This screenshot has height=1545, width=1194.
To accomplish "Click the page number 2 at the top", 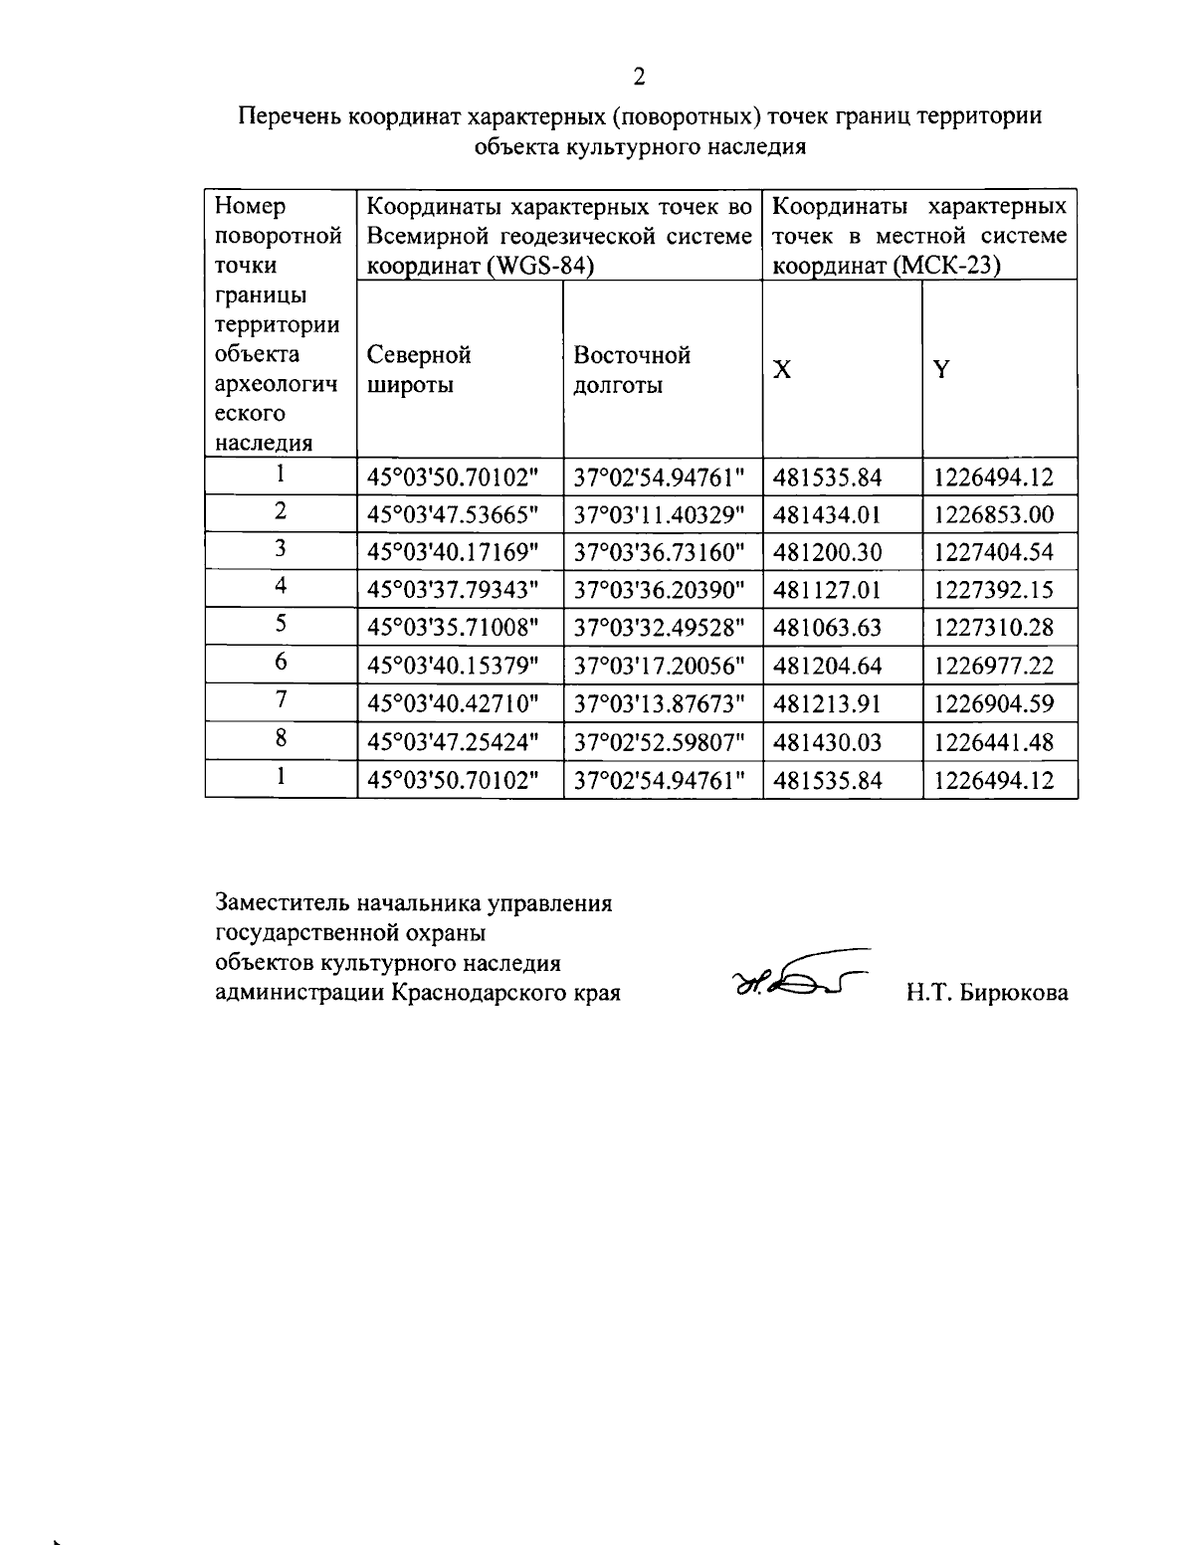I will tap(640, 77).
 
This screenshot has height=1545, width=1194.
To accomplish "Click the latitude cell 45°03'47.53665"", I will tap(453, 514).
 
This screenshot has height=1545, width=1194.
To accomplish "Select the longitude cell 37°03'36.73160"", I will tap(660, 552).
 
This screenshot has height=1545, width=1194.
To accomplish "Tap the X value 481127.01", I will tap(827, 590).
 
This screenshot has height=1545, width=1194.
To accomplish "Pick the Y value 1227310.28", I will tap(992, 628).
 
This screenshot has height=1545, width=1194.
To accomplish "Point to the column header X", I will tap(783, 370).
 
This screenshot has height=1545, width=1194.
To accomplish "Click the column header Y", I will tap(940, 370).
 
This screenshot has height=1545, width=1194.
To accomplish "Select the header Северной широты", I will tap(418, 370).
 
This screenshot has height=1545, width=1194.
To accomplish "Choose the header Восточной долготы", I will tap(632, 370).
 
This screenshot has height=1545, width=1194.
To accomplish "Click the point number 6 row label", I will tap(282, 664).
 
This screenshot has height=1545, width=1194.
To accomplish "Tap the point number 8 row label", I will tap(282, 739).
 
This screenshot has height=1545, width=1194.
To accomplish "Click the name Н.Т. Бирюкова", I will tap(986, 993).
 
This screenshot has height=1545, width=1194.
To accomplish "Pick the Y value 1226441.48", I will tap(992, 742).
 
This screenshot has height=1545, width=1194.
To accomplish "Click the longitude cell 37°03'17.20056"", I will tap(660, 666).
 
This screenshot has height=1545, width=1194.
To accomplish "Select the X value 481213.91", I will tap(827, 704).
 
